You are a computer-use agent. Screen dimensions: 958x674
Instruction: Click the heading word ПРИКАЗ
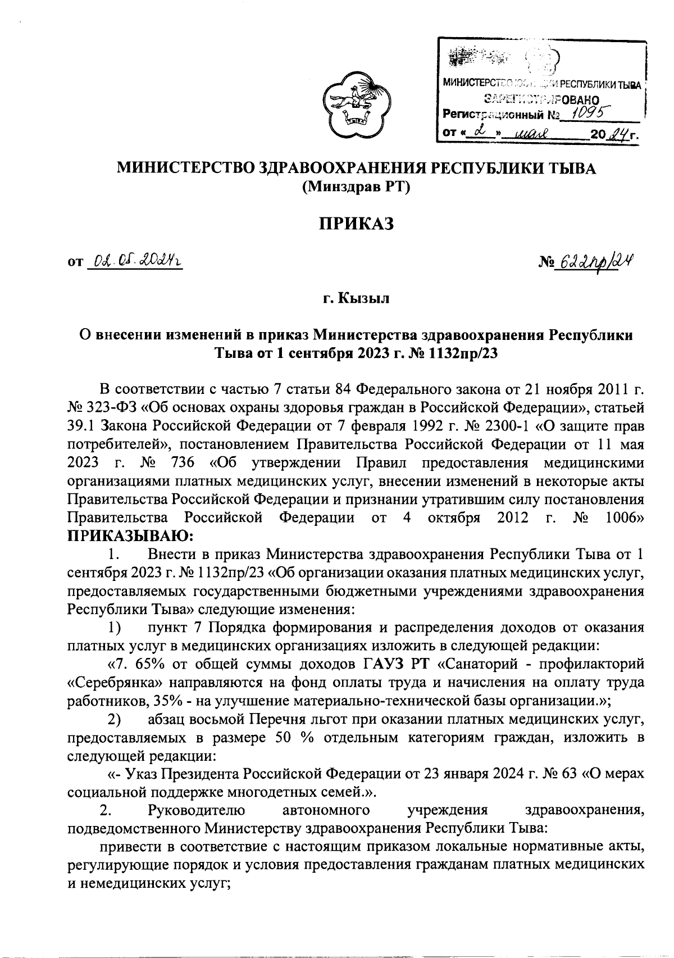pyautogui.click(x=354, y=224)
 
